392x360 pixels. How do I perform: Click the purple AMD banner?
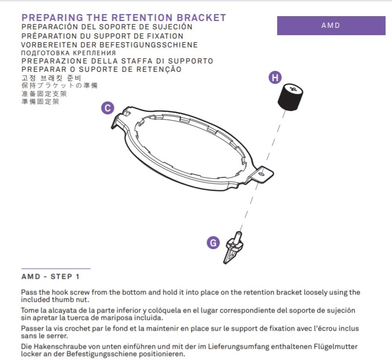point(331,25)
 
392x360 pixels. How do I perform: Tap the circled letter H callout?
point(275,77)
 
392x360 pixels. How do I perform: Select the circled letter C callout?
point(108,108)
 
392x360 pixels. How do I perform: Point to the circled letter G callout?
point(213,243)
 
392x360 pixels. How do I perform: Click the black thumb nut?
point(290,97)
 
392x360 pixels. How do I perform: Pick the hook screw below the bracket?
point(234,248)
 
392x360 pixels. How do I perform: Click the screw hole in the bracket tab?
point(262,173)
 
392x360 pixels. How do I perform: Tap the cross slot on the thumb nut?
point(293,88)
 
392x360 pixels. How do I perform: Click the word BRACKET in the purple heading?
point(201,18)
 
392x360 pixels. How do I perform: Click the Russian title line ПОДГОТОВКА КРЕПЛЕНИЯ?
point(68,53)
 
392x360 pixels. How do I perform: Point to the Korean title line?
point(51,78)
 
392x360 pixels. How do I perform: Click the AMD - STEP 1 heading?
point(50,276)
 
